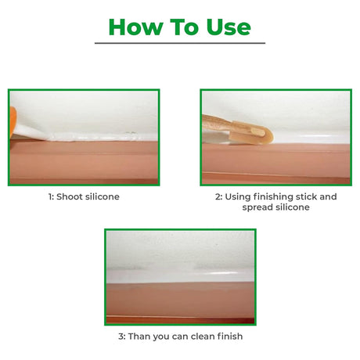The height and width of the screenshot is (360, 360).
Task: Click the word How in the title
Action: pyautogui.click(x=135, y=27)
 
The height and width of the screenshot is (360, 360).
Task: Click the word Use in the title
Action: pyautogui.click(x=229, y=27)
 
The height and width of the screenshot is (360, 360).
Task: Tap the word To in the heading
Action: pyautogui.click(x=185, y=27)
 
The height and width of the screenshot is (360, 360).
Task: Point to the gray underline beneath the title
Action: pyautogui.click(x=180, y=43)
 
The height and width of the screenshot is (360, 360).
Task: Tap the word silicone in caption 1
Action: pyautogui.click(x=103, y=196)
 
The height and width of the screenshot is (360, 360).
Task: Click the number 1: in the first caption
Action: pyautogui.click(x=51, y=196)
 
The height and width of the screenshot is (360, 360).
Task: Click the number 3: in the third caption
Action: pyautogui.click(x=122, y=337)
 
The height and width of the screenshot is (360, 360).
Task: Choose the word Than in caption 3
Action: pyautogui.click(x=139, y=336)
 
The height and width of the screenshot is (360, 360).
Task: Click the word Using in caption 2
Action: pyautogui.click(x=238, y=197)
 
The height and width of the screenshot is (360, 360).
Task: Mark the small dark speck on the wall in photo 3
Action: pyautogui.click(x=217, y=245)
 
